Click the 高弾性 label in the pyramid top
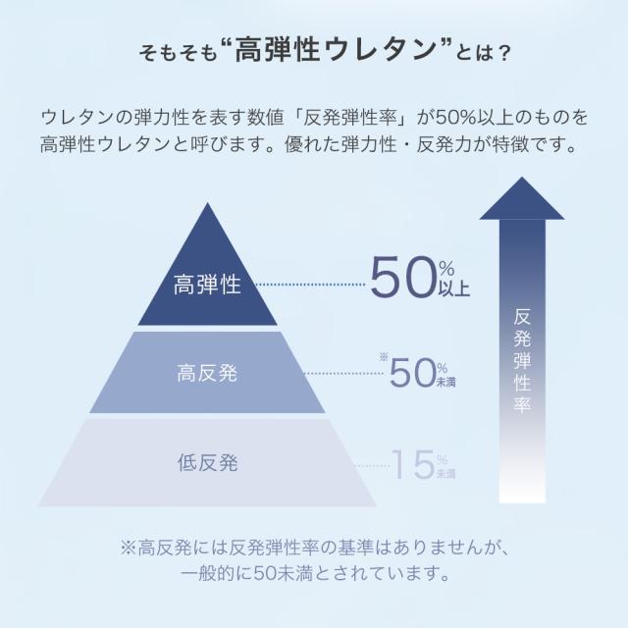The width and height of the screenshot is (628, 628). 207,285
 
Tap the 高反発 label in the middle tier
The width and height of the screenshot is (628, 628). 207,373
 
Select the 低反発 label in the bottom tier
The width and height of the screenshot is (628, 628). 207,462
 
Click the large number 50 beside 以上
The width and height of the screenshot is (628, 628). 403,278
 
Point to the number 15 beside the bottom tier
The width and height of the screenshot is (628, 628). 413,464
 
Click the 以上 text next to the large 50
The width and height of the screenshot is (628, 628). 454,288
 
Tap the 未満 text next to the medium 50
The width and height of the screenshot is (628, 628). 445,382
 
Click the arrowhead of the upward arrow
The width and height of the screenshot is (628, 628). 522,198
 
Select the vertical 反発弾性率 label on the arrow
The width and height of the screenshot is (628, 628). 522,360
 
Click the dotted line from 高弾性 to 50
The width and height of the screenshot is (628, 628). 310,285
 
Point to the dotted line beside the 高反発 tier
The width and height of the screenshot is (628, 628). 343,373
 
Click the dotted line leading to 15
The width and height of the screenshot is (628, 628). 372,465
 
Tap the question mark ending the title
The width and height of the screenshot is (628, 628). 503,53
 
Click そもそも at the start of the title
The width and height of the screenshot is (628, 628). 178,53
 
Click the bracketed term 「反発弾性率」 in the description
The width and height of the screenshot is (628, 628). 351,118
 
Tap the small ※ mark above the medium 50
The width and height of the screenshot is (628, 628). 384,356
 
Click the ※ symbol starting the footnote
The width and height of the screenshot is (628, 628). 129,548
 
